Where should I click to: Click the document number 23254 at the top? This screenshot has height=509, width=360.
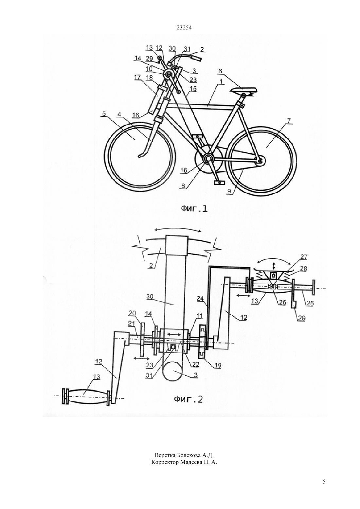tap(184, 28)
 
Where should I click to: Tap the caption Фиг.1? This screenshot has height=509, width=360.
tap(194, 209)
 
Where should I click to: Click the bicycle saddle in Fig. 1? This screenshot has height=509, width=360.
tap(243, 90)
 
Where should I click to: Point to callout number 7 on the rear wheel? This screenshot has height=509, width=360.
tap(289, 121)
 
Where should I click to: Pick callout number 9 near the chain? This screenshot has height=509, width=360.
tap(229, 191)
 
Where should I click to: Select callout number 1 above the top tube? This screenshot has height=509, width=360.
tap(222, 81)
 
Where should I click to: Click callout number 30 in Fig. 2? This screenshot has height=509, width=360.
tap(150, 296)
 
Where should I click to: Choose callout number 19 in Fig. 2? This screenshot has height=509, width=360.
tap(218, 365)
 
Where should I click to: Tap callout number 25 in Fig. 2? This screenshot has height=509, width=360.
tap(310, 303)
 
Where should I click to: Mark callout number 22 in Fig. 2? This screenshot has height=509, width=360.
tap(195, 364)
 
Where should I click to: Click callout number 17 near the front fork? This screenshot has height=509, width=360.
tap(137, 77)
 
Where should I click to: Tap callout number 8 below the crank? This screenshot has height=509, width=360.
tap(183, 186)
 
